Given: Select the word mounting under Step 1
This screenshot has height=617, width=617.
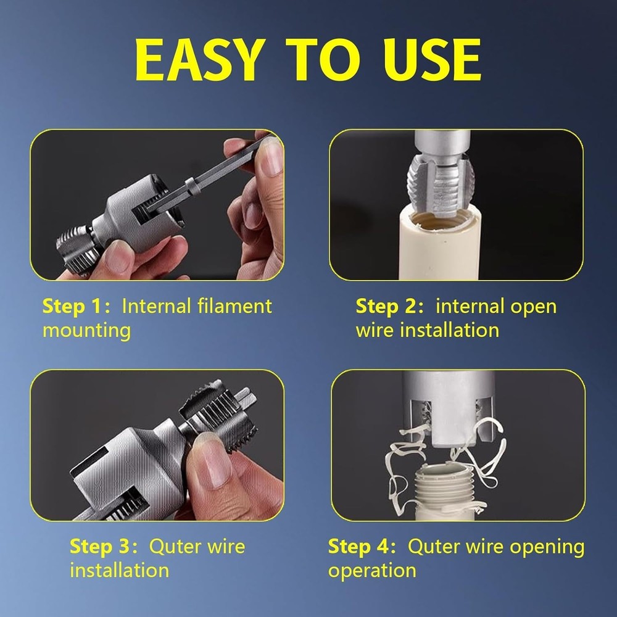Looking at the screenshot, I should pyautogui.click(x=86, y=330).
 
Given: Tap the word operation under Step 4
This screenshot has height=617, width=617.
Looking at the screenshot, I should pyautogui.click(x=372, y=570).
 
